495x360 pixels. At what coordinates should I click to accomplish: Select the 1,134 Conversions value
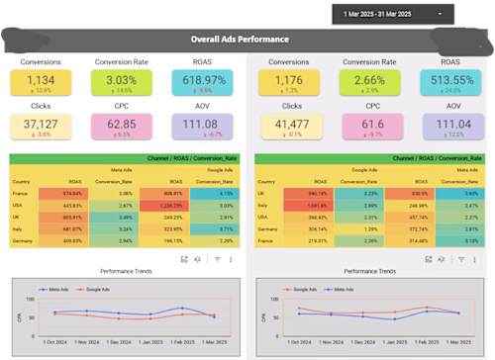click(x=42, y=80)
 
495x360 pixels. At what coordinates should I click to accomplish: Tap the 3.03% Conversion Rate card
click(x=123, y=80)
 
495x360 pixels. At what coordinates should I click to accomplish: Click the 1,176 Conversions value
click(x=289, y=80)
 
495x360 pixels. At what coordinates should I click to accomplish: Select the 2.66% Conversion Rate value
click(x=369, y=80)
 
